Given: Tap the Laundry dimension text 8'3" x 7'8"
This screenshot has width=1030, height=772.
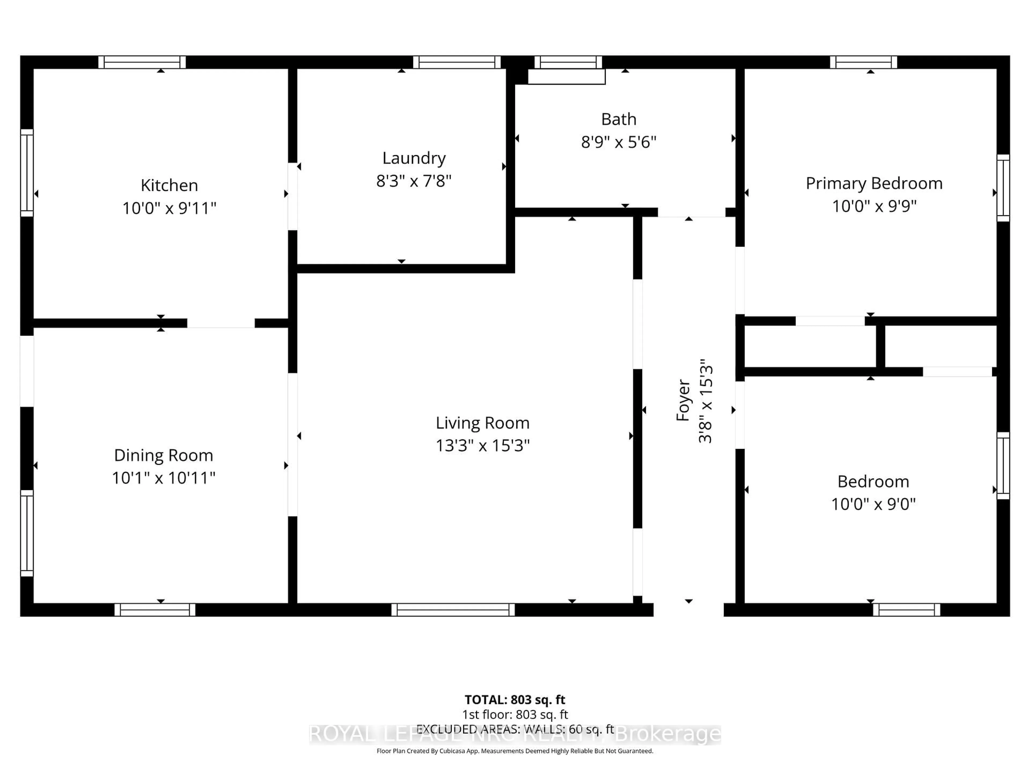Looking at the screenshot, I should tap(414, 181).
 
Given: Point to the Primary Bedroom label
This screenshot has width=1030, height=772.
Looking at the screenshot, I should tap(874, 183).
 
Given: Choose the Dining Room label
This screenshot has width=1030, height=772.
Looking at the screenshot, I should tap(163, 455).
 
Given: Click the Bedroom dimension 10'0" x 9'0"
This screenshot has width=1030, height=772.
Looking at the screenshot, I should tap(873, 504).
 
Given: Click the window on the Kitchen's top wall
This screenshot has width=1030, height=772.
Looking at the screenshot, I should tap(142, 62).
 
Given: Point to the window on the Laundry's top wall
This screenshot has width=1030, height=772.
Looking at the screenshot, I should tap(457, 62).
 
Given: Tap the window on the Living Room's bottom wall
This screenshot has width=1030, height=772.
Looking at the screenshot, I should tap(453, 610).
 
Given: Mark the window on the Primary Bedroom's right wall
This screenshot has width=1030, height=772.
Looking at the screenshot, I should tap(1003, 188).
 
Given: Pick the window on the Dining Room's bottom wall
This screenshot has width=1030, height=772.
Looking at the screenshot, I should tap(155, 610).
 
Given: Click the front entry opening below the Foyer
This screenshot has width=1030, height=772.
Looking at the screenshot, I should tap(688, 610).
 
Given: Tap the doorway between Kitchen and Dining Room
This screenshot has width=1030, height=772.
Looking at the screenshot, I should tap(221, 323).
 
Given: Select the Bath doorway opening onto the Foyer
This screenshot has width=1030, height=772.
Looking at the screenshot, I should tap(691, 212).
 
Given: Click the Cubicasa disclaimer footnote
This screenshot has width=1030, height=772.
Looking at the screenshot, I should tap(514, 751).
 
